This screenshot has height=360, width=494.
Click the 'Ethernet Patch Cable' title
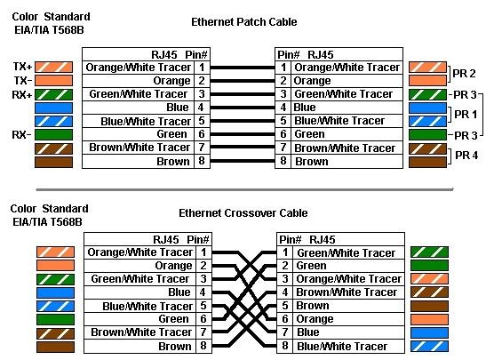(x=244, y=22)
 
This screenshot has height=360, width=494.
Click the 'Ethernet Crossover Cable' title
(x=243, y=213)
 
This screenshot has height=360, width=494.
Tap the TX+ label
(x=22, y=67)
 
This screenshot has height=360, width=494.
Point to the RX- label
(x=21, y=135)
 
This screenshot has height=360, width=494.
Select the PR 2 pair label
(x=464, y=74)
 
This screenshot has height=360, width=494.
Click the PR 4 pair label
(x=466, y=155)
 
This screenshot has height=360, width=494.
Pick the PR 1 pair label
(x=466, y=115)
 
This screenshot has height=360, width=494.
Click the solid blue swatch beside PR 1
(x=427, y=108)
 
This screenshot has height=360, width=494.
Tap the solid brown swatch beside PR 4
(x=427, y=162)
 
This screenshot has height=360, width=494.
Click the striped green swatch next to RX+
(x=53, y=94)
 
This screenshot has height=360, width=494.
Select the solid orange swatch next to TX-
(x=53, y=80)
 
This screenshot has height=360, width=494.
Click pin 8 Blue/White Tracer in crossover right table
(x=342, y=347)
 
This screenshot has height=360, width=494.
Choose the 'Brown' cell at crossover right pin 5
(x=313, y=306)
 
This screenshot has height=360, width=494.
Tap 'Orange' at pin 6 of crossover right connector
(x=315, y=319)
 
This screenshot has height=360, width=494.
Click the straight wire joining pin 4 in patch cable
(x=243, y=108)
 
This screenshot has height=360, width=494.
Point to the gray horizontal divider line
(x=244, y=189)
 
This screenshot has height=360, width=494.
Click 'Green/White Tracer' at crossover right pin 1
(x=346, y=253)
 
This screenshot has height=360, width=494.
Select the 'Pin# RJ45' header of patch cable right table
(x=305, y=55)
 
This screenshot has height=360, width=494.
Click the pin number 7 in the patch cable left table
(x=202, y=148)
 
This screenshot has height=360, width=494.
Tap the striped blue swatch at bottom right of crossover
(x=429, y=347)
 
